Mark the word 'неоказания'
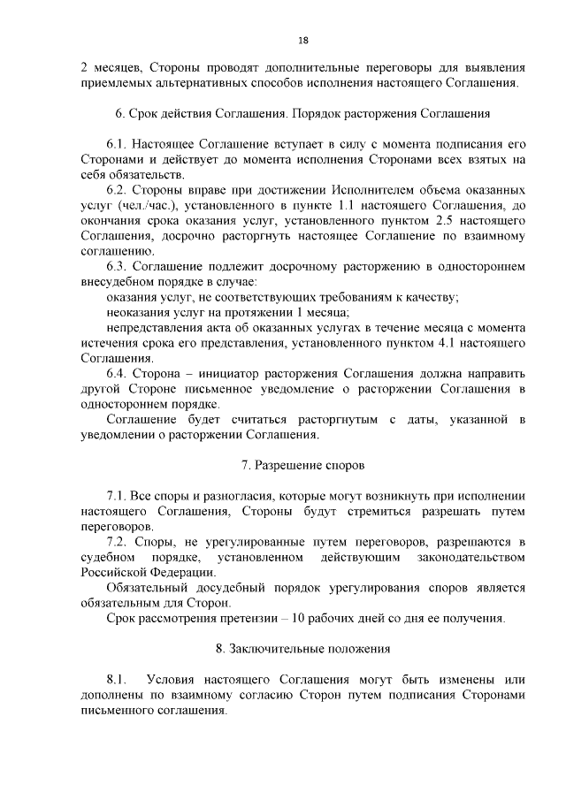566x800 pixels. [138, 312]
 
